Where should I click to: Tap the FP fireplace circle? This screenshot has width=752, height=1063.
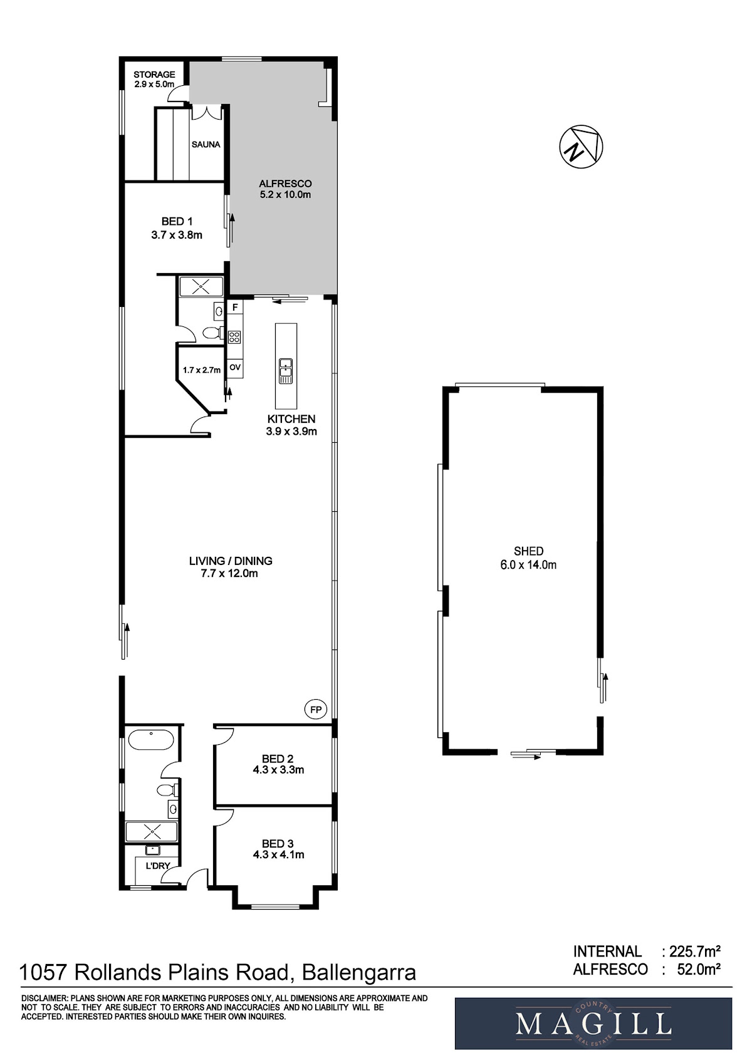coord(316,710)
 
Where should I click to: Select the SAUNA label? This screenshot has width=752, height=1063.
coord(206,144)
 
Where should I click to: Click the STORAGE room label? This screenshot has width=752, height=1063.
coord(154,75)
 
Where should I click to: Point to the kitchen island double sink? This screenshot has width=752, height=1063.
coord(285,371)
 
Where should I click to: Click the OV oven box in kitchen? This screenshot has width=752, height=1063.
coord(235,368)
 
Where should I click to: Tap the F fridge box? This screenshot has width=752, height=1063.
coord(234,308)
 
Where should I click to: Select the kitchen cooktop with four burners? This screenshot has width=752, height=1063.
coord(234,337)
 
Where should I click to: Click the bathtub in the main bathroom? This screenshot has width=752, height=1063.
coord(151,739)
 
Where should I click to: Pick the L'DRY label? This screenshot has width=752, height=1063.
coord(158,866)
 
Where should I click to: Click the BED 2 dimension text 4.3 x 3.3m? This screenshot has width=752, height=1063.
coord(278,770)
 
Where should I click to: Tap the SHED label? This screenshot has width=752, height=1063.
coord(528,551)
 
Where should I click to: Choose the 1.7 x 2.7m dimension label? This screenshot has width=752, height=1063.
coord(202,370)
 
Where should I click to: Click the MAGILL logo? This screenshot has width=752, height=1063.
coord(593,1024)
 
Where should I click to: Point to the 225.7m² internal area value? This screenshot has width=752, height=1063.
coord(695,951)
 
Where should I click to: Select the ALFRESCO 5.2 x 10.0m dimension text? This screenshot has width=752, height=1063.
coord(285,195)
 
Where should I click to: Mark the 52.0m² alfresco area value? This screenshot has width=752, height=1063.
coord(699,969)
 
